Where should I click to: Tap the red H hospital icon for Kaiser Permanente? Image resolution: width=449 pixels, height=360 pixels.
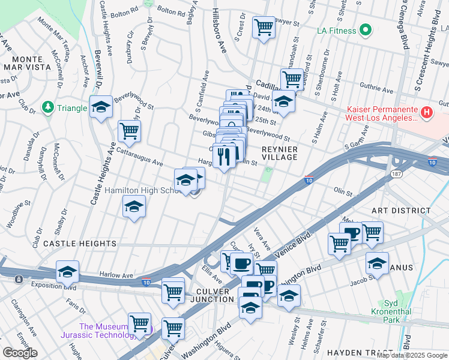coord(426,112)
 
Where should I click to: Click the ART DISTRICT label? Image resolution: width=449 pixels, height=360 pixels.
coord(401,211)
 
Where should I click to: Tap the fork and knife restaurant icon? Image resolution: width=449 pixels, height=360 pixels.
coord(224,156)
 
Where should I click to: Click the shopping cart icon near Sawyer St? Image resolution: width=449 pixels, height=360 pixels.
coord(264,27)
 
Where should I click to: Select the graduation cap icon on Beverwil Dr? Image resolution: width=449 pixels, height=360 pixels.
coord(101,107)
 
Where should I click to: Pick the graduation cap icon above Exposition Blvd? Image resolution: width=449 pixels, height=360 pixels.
coord(68,272)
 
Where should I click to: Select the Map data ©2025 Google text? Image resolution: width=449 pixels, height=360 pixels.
coord(411,355)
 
